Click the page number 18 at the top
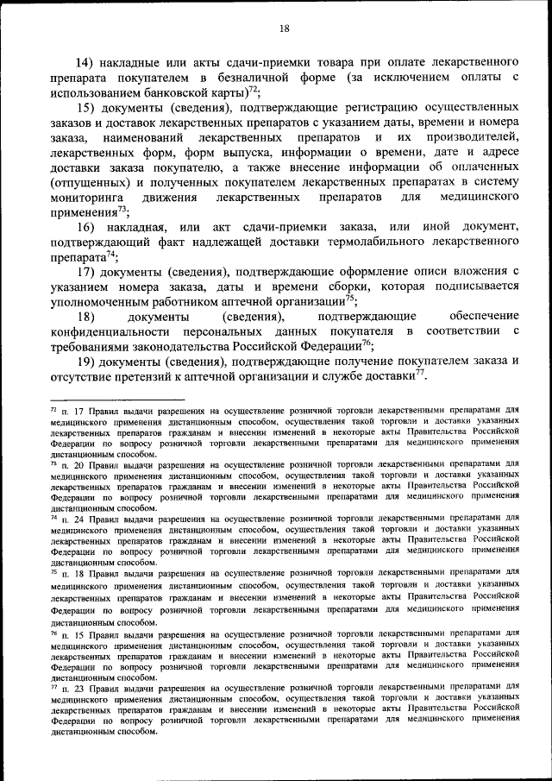click(x=284, y=28)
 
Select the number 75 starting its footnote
click(x=54, y=570)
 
